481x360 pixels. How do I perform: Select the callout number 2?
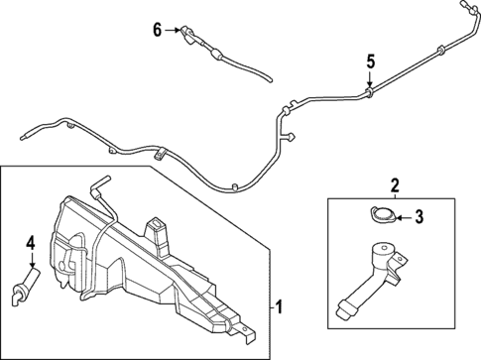(x=394, y=184)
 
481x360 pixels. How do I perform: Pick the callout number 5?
(x=369, y=62)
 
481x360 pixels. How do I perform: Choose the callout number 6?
(x=156, y=30)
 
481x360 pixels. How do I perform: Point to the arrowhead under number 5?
(x=369, y=86)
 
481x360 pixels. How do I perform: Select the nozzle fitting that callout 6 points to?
(x=188, y=35)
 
